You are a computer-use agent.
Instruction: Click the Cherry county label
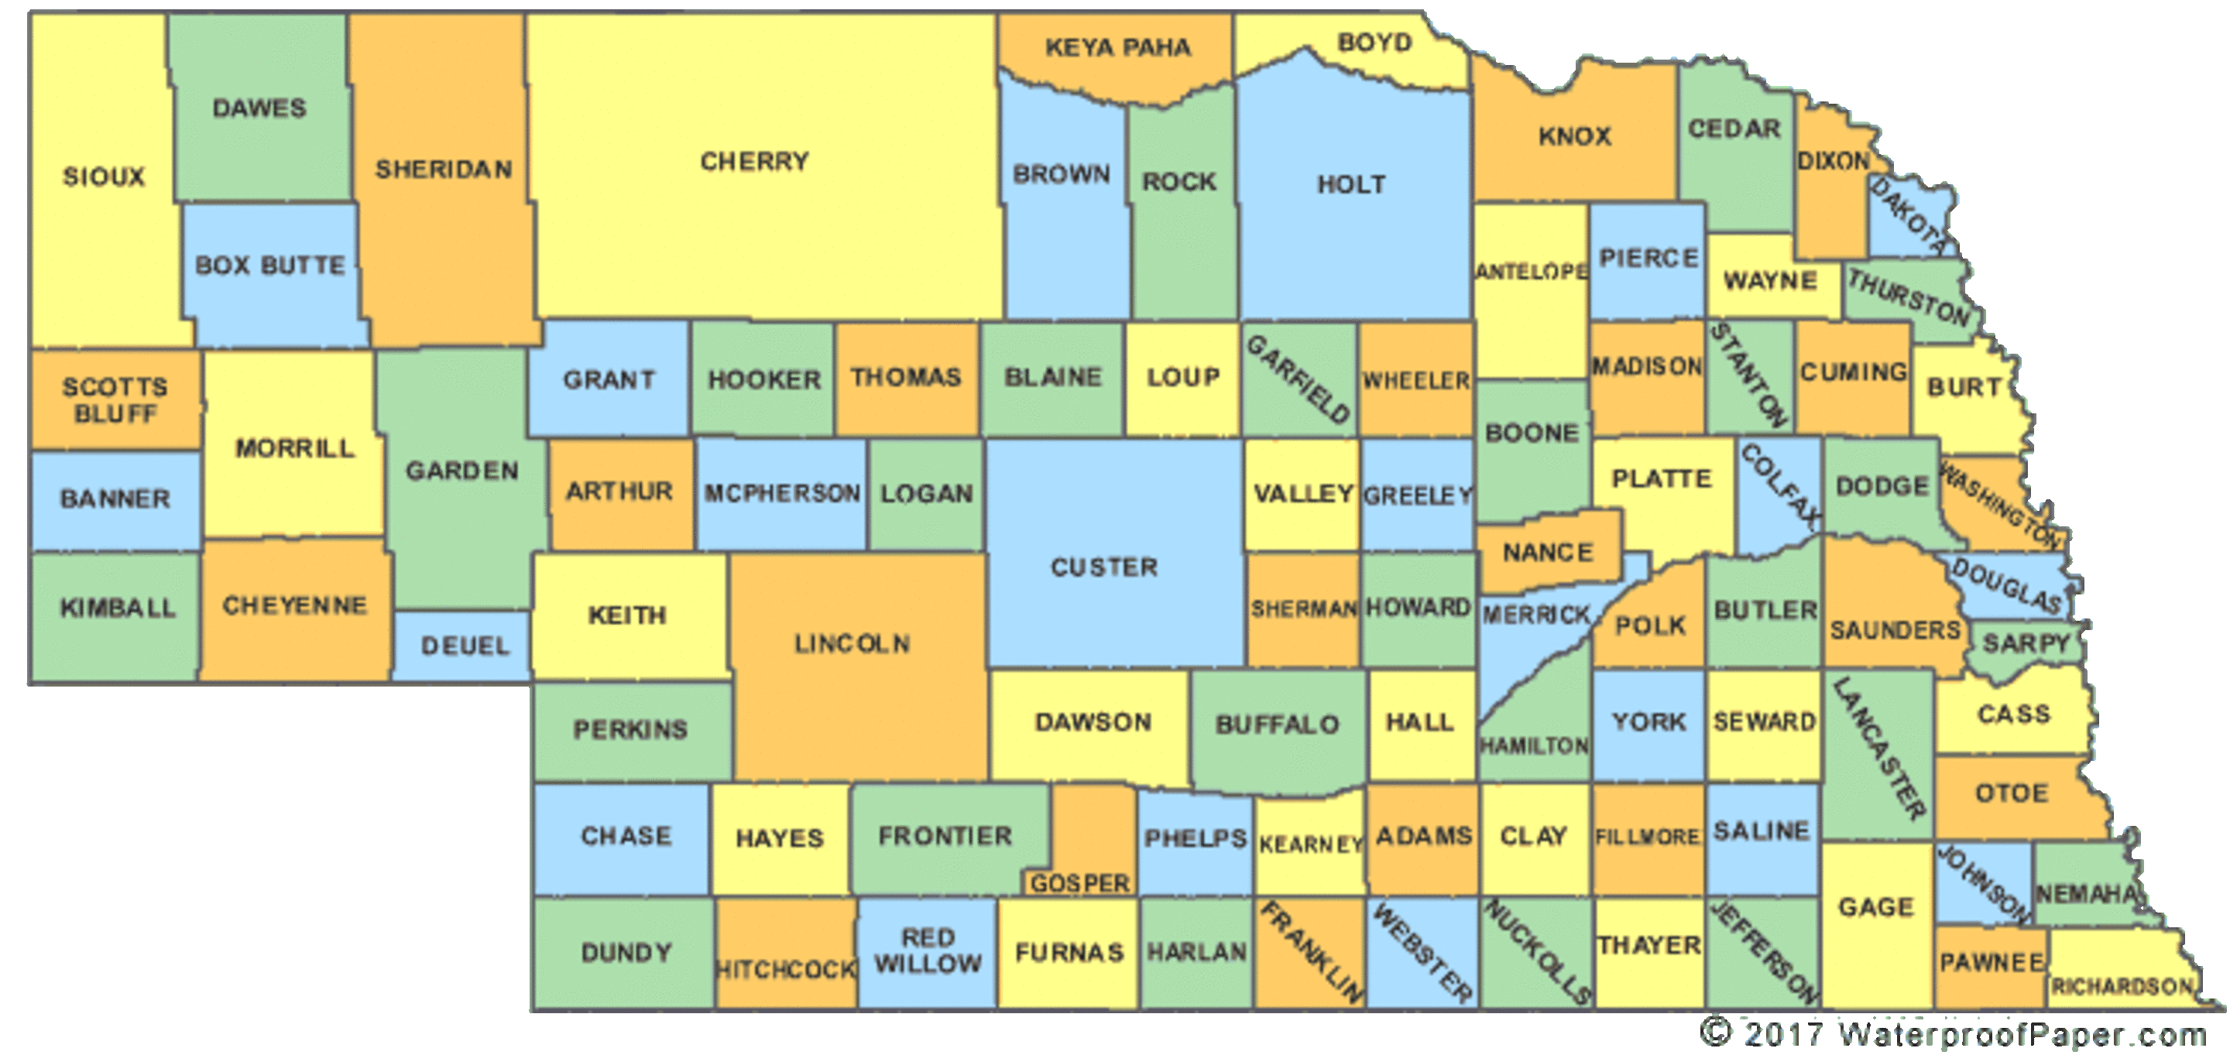[754, 162]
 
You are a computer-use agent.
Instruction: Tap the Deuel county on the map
[465, 646]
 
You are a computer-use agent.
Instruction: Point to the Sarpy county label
[2026, 643]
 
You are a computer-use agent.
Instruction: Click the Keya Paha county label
[1117, 47]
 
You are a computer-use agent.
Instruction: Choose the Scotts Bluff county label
[115, 400]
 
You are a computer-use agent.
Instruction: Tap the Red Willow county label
[927, 951]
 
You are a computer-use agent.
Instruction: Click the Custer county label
[1103, 567]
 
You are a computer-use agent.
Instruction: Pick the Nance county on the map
[1548, 551]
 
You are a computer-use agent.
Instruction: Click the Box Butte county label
[270, 265]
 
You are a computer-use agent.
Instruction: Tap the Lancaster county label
[1879, 748]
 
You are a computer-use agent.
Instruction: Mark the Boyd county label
[1374, 43]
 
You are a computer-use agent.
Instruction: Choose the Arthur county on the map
[619, 492]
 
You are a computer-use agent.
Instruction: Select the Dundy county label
[626, 953]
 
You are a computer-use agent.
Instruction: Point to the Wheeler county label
[1416, 381]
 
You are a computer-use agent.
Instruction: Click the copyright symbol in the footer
[1715, 1032]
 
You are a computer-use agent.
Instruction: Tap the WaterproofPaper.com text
[2022, 1034]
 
